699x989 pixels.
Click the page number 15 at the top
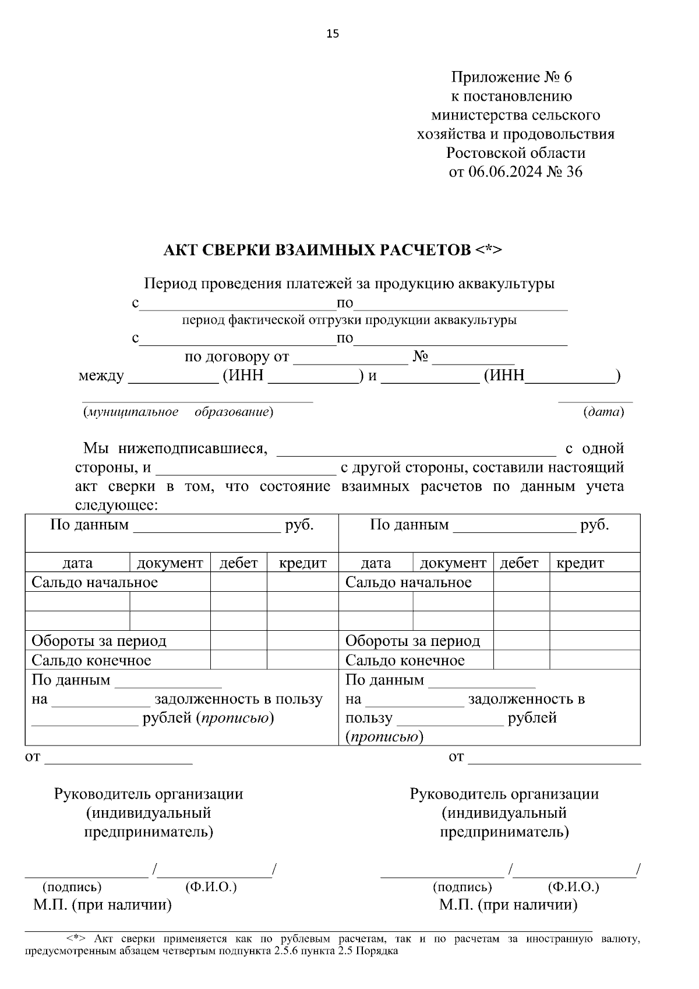coord(332,34)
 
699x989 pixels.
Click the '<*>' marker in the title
coord(488,250)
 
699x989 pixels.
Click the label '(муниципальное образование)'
coord(178,412)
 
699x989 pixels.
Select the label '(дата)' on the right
coord(603,412)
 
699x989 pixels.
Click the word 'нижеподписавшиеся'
coord(192,448)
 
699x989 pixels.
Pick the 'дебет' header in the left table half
coord(238,563)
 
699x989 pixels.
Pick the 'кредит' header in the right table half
coord(580,563)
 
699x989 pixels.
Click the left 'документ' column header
coord(170,563)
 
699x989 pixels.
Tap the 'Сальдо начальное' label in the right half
coord(408,582)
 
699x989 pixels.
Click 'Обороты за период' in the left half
coord(99,641)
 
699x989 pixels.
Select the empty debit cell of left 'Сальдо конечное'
coord(238,660)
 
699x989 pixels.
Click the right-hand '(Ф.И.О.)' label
coord(573,887)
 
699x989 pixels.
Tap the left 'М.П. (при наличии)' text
coord(103,905)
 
